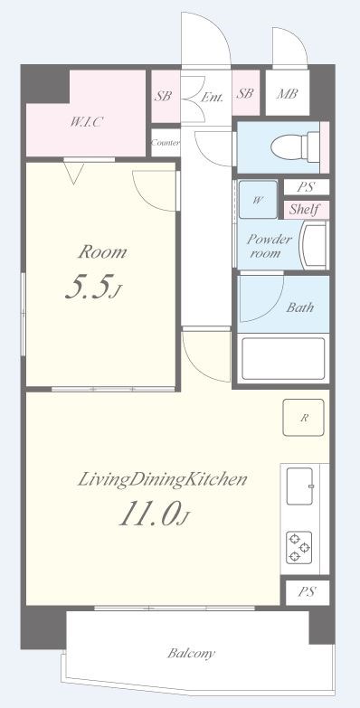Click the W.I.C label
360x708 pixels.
point(86,121)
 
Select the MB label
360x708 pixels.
point(288,94)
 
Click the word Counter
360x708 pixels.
point(166,143)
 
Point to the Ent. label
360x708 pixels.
point(212,97)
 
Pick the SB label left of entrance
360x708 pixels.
point(163,96)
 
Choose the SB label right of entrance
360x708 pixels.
point(245,93)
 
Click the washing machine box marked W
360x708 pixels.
point(258,200)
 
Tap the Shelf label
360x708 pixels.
point(304,209)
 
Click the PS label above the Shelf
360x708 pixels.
point(306,187)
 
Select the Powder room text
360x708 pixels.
point(270,246)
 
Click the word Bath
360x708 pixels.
point(300,308)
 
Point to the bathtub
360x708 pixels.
point(283,358)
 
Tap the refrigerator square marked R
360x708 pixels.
point(304,418)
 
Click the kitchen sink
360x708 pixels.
point(300,486)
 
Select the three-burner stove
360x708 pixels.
point(299,548)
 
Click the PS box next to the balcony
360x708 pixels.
point(308,592)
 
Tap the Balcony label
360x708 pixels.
point(191,653)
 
